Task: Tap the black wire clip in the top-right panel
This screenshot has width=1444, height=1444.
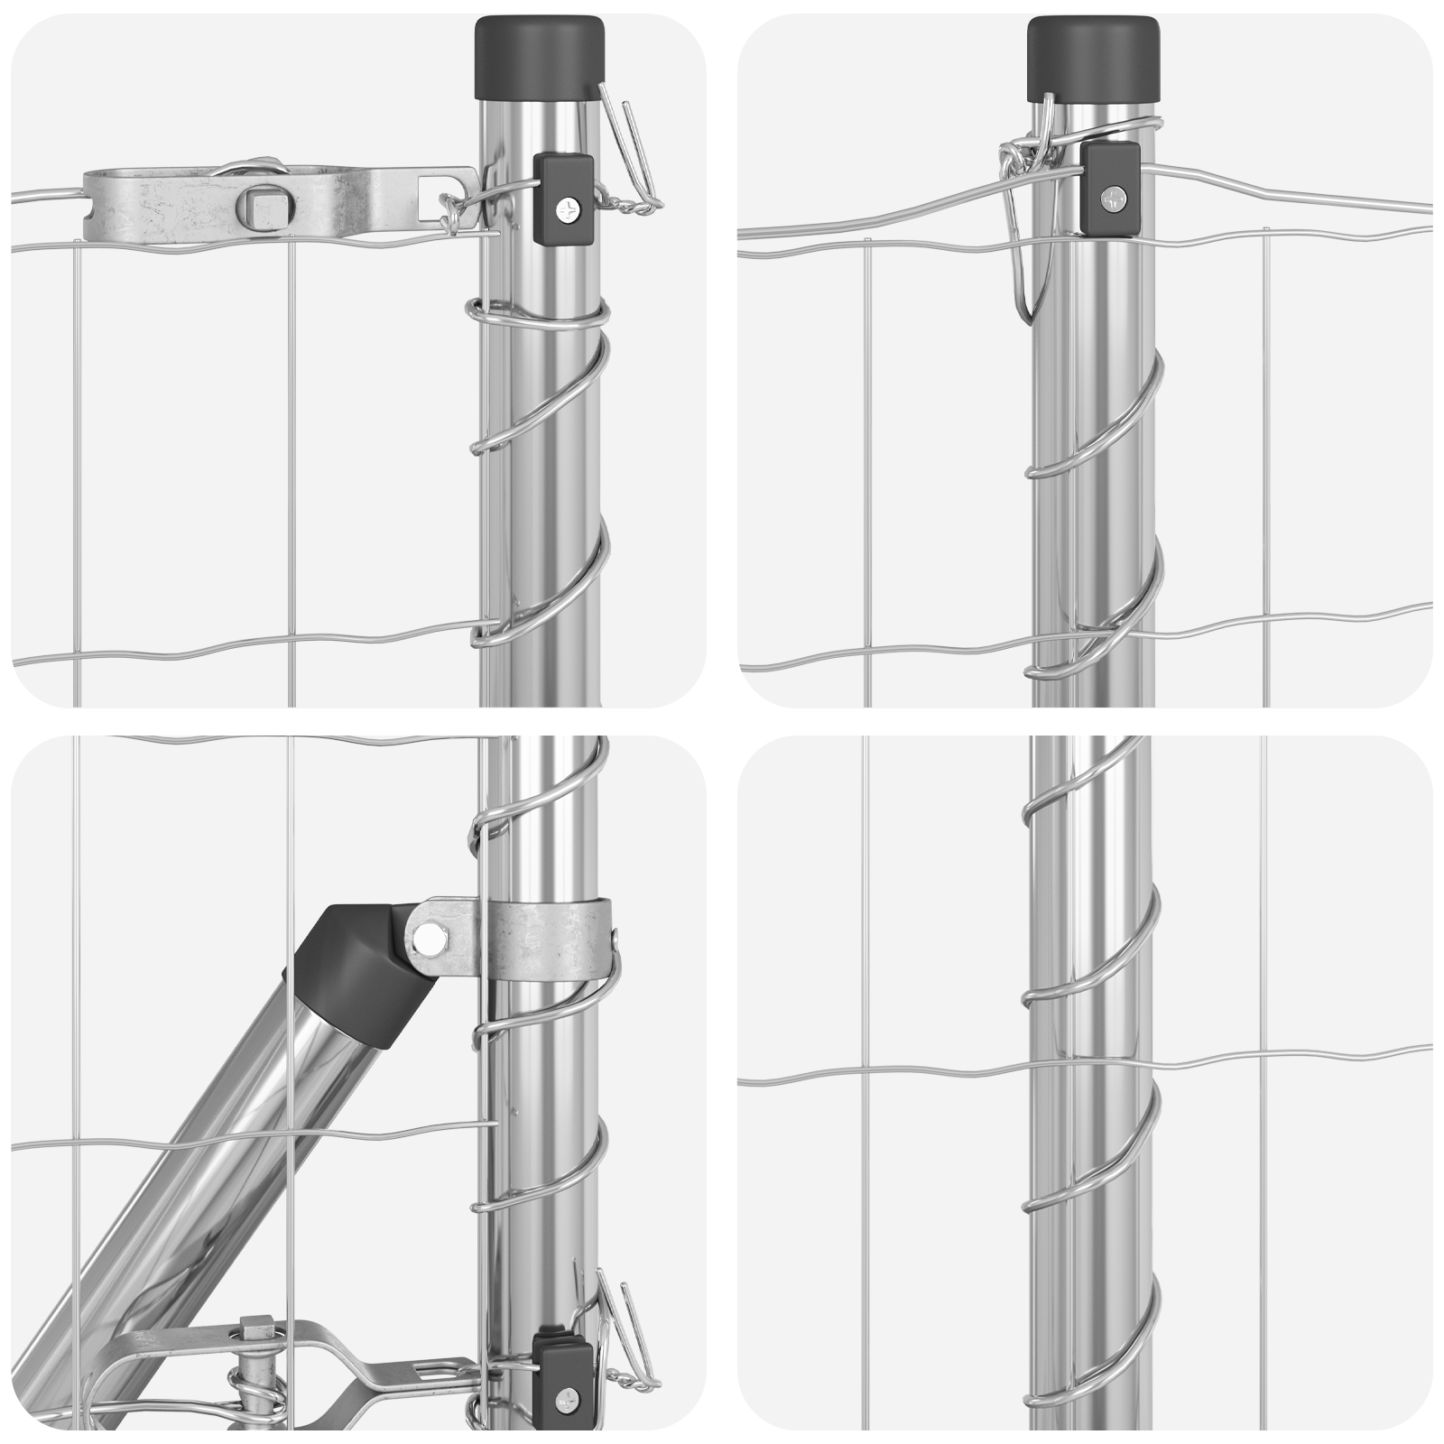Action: point(1111,188)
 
